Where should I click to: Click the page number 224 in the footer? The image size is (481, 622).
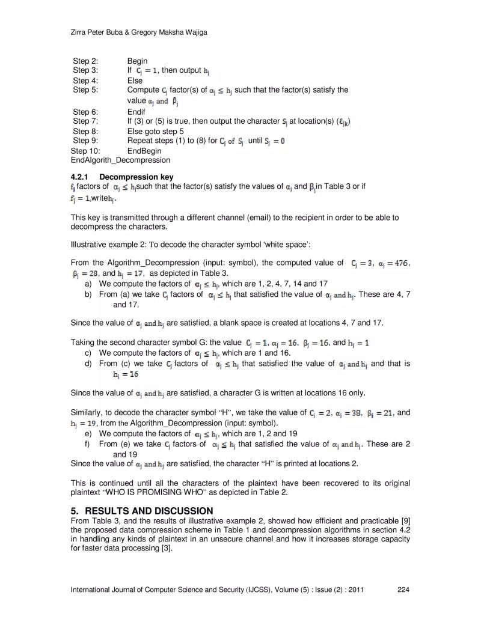point(403,590)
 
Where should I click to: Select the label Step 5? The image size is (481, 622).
point(85,90)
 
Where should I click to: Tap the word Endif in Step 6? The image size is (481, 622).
point(136,112)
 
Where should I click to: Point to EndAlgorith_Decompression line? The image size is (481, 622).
point(120,160)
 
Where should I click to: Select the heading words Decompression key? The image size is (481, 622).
point(136,177)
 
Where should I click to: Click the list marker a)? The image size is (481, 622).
point(88,283)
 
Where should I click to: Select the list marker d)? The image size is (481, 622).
point(88,363)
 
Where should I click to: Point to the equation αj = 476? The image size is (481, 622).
point(394,262)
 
